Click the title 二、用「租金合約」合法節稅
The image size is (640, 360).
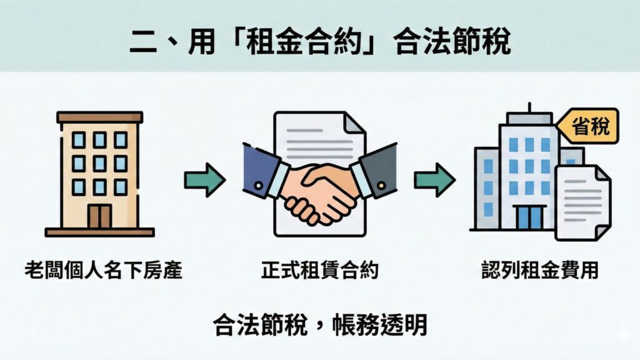[x=320, y=43]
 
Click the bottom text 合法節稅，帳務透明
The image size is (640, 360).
[x=320, y=324]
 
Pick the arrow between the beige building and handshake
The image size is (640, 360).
[x=204, y=181]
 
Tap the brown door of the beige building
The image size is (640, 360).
[x=99, y=216]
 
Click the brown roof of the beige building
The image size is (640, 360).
[x=99, y=117]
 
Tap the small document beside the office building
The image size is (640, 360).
[x=582, y=201]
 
